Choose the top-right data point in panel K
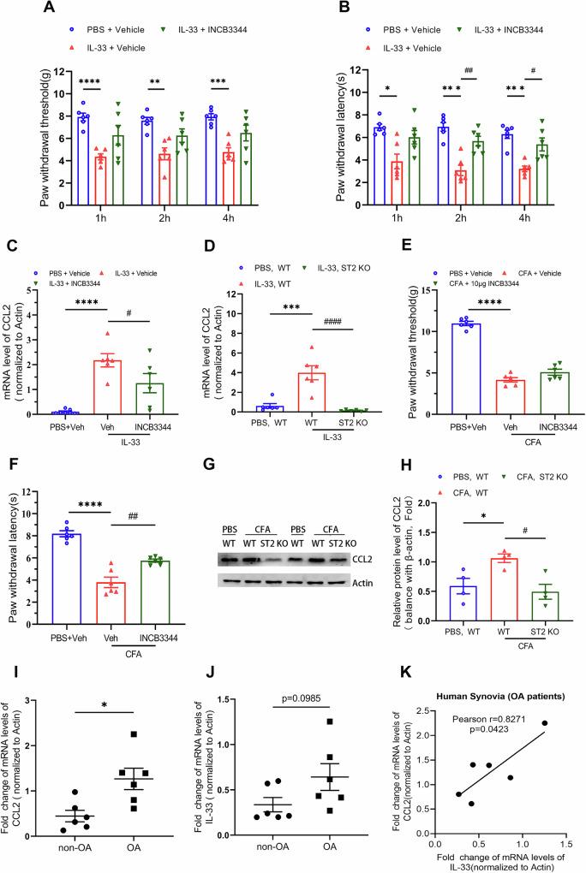pos(545,722)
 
